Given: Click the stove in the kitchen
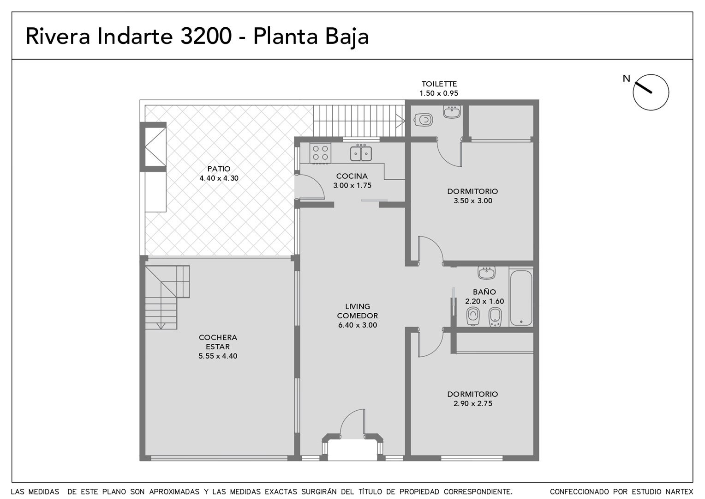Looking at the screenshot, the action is tap(320, 153).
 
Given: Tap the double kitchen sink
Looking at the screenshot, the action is tap(361, 153).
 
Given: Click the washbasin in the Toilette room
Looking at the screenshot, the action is tap(452, 112).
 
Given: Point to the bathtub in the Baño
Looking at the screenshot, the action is tap(521, 298).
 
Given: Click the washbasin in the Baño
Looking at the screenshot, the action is tap(487, 273).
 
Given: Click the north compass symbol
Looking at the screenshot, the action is tap(651, 92).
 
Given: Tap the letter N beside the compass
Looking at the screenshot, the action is tap(626, 79).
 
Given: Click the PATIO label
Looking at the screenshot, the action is tap(219, 169).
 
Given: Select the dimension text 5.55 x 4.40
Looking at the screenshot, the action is tap(218, 356).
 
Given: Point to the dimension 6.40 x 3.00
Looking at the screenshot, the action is tap(358, 325).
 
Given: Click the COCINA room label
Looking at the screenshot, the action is tap(352, 176).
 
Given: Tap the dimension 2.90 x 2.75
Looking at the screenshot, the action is tap(473, 403).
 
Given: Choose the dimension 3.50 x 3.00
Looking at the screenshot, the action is tap(473, 201).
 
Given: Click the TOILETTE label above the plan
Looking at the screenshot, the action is tap(439, 84).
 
